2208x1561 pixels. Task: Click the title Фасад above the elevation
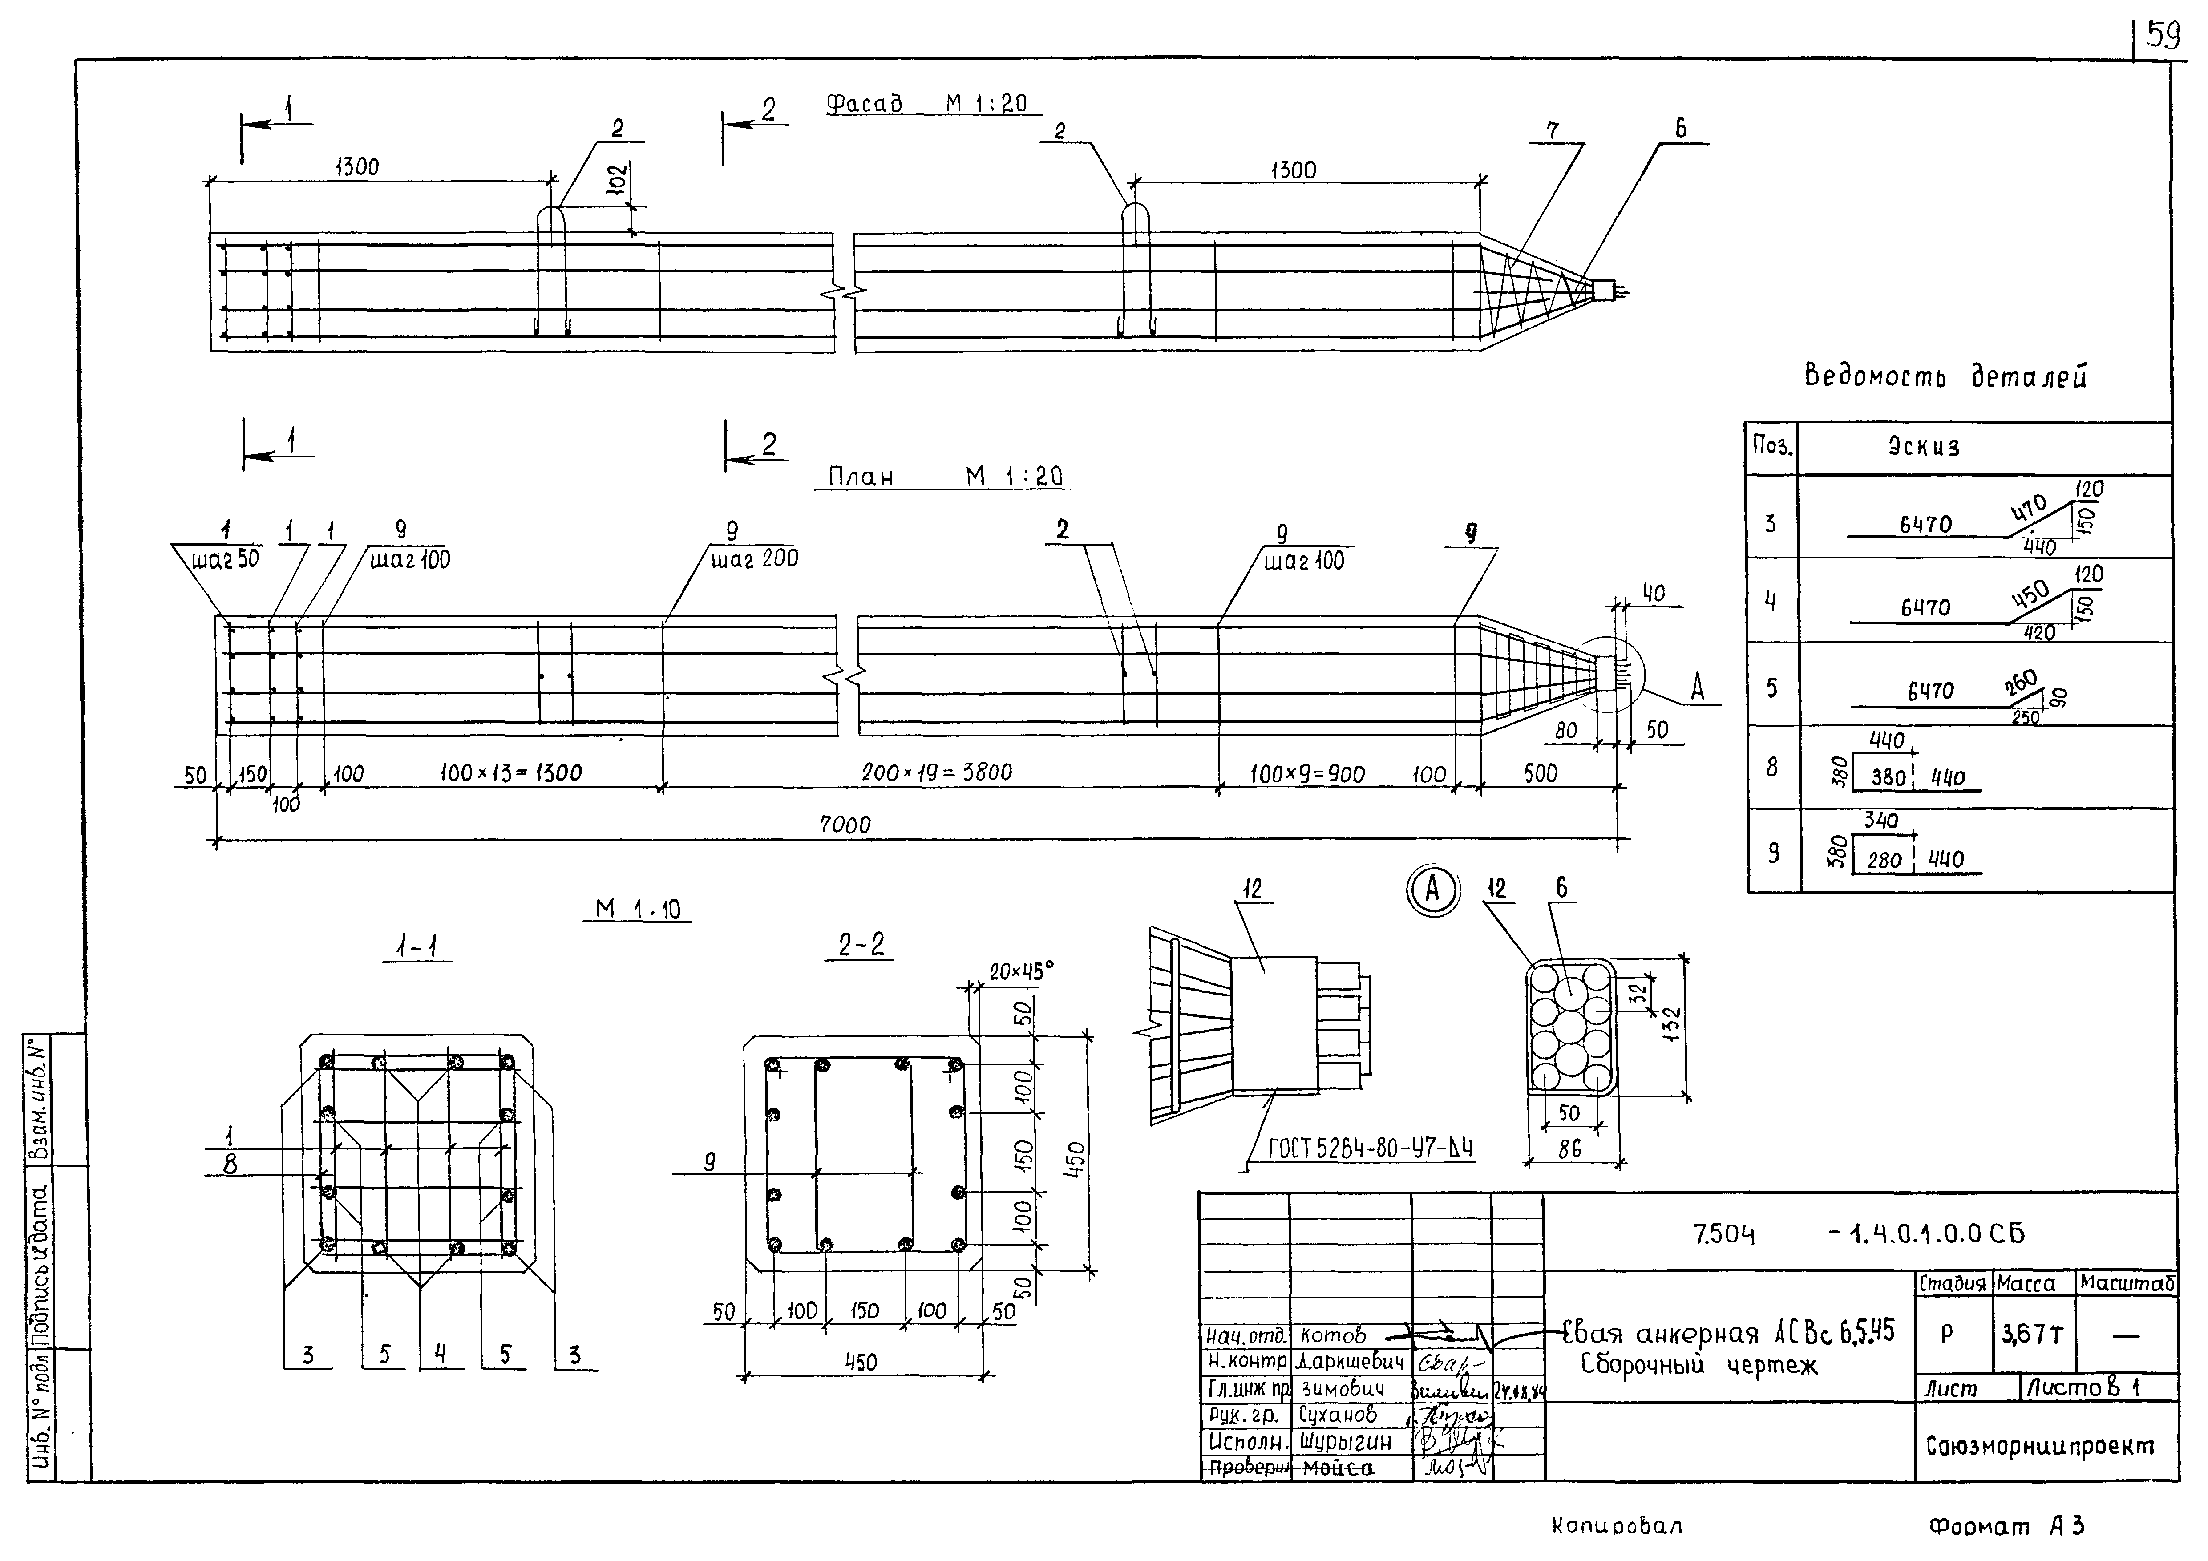[864, 104]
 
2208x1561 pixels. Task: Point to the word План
[861, 477]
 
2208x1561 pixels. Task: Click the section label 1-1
[417, 948]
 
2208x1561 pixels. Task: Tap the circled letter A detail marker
[1432, 890]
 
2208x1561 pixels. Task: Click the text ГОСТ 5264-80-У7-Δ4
[1371, 1149]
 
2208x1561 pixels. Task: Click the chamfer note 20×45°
[1021, 971]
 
